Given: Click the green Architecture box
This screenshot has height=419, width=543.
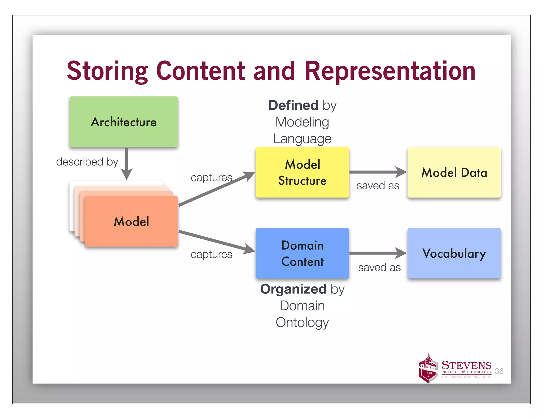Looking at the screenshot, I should [124, 122].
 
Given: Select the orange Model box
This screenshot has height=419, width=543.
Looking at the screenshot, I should [131, 221].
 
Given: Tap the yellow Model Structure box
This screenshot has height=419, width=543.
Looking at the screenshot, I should [302, 172].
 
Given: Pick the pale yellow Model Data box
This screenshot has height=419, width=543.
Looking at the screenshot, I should [454, 172].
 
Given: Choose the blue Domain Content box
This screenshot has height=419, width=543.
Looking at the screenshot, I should [302, 253].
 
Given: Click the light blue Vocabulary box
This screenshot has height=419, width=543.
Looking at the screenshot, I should [454, 253].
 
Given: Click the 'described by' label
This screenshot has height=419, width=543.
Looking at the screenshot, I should [87, 162].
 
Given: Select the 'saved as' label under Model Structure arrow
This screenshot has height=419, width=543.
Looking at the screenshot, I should [378, 186].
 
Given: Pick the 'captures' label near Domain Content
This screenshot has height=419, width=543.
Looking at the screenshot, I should [211, 255].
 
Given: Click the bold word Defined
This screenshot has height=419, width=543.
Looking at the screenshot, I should [293, 105].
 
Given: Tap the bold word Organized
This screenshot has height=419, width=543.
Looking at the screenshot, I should [293, 289].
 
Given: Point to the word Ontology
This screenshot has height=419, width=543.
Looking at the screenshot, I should [302, 322].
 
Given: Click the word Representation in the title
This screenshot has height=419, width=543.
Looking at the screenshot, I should [390, 71].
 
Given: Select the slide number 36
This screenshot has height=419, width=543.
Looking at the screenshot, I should [499, 371].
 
